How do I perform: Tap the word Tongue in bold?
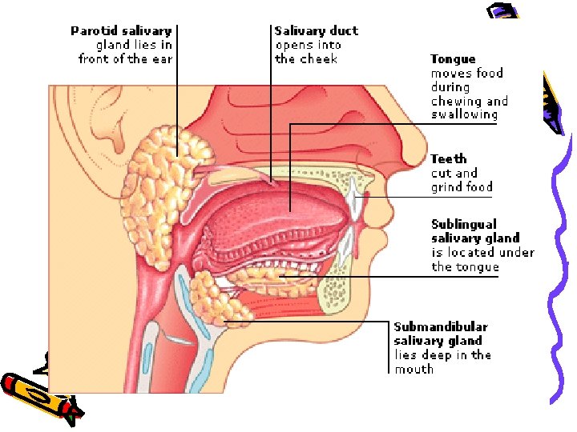(453, 59)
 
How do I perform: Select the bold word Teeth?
(448, 159)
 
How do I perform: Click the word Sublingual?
(464, 225)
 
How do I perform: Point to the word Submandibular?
(441, 327)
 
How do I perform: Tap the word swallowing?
(464, 115)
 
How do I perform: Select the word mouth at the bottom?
(414, 370)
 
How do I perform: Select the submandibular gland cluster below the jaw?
(216, 300)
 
